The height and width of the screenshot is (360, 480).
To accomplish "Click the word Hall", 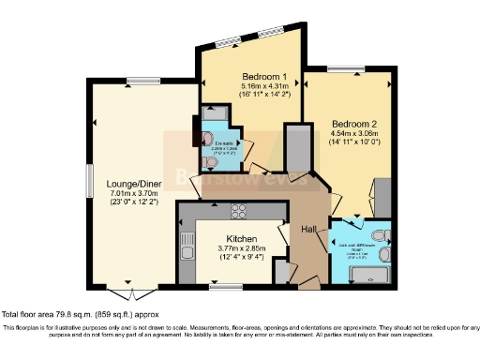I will tap(308, 228).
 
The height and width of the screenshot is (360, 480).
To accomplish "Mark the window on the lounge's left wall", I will tap(90, 178).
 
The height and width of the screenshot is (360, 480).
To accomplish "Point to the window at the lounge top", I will tap(142, 82).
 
